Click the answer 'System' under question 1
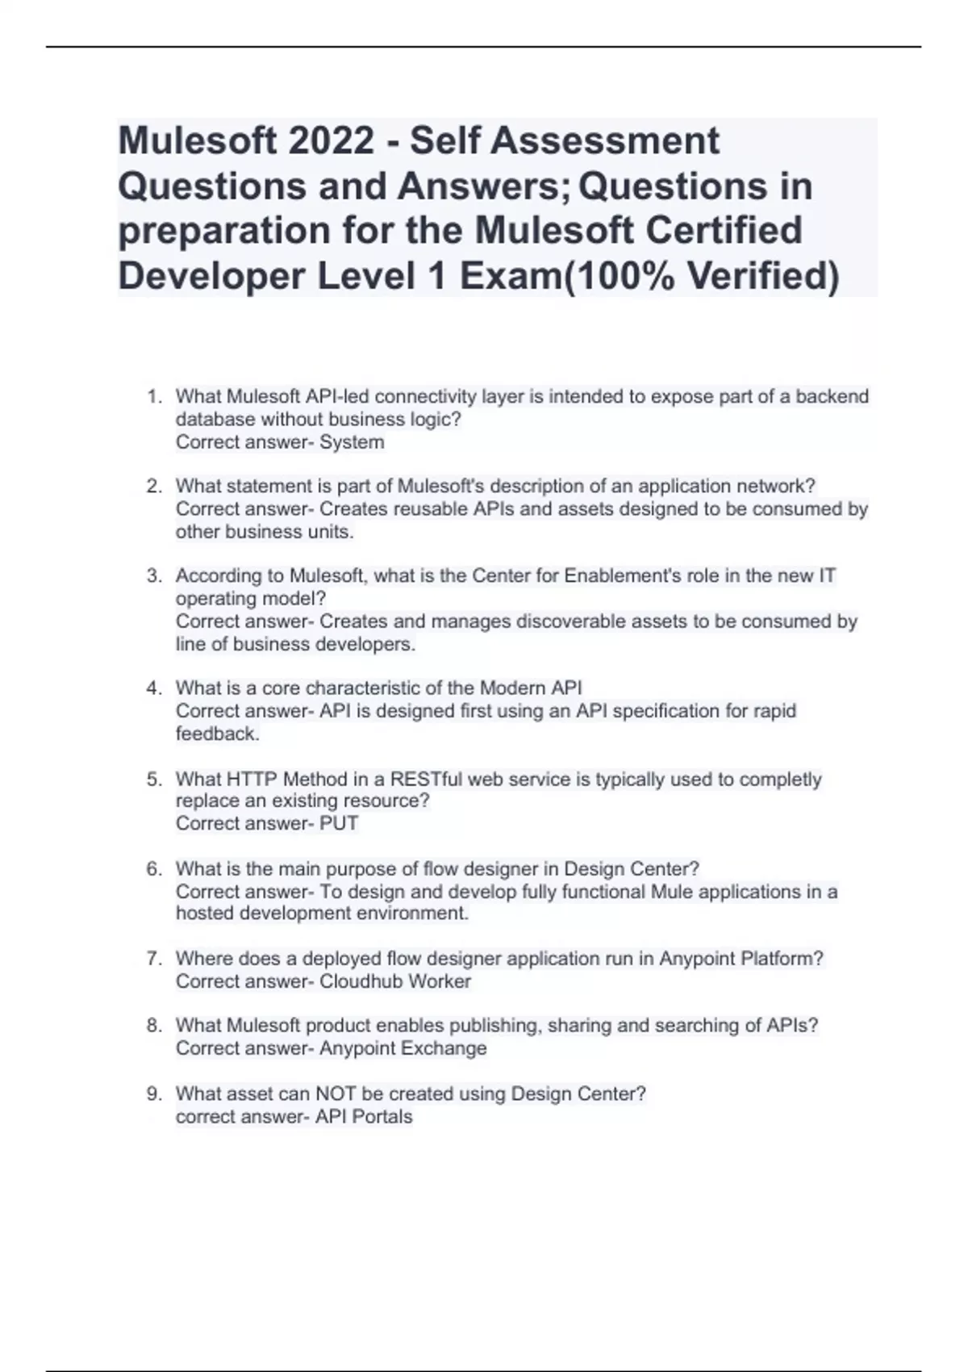[352, 442]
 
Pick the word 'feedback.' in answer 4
[218, 734]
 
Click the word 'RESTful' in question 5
[427, 780]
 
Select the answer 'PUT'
[339, 824]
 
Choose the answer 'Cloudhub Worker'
[395, 981]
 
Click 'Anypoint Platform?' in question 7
[741, 959]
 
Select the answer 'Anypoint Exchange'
[403, 1048]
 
